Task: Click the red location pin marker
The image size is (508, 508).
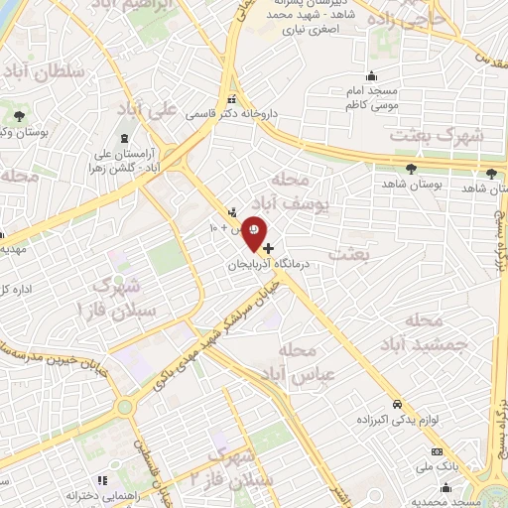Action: [x=254, y=231]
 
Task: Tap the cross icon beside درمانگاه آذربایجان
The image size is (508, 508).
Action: [x=269, y=245]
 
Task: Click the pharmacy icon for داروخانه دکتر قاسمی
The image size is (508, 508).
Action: [x=231, y=99]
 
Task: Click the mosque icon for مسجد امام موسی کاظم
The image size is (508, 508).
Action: [x=371, y=76]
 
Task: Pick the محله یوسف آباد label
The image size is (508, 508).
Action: [x=298, y=193]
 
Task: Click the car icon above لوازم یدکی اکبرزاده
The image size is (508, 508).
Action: [x=397, y=405]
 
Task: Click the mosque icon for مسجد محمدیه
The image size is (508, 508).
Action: [x=445, y=487]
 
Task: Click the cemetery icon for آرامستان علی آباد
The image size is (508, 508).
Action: [x=123, y=138]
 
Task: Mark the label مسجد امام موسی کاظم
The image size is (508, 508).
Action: [x=372, y=96]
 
